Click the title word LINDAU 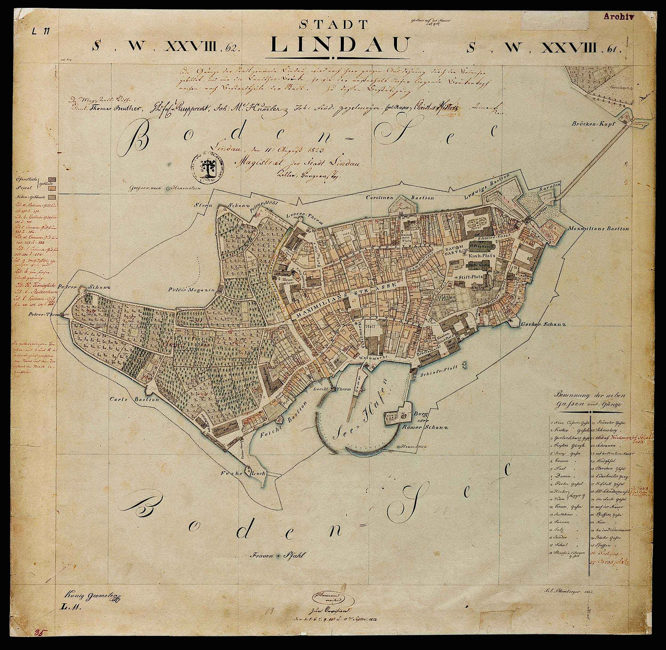pos(339,45)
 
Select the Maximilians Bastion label pos(598,228)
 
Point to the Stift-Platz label pos(471,277)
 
